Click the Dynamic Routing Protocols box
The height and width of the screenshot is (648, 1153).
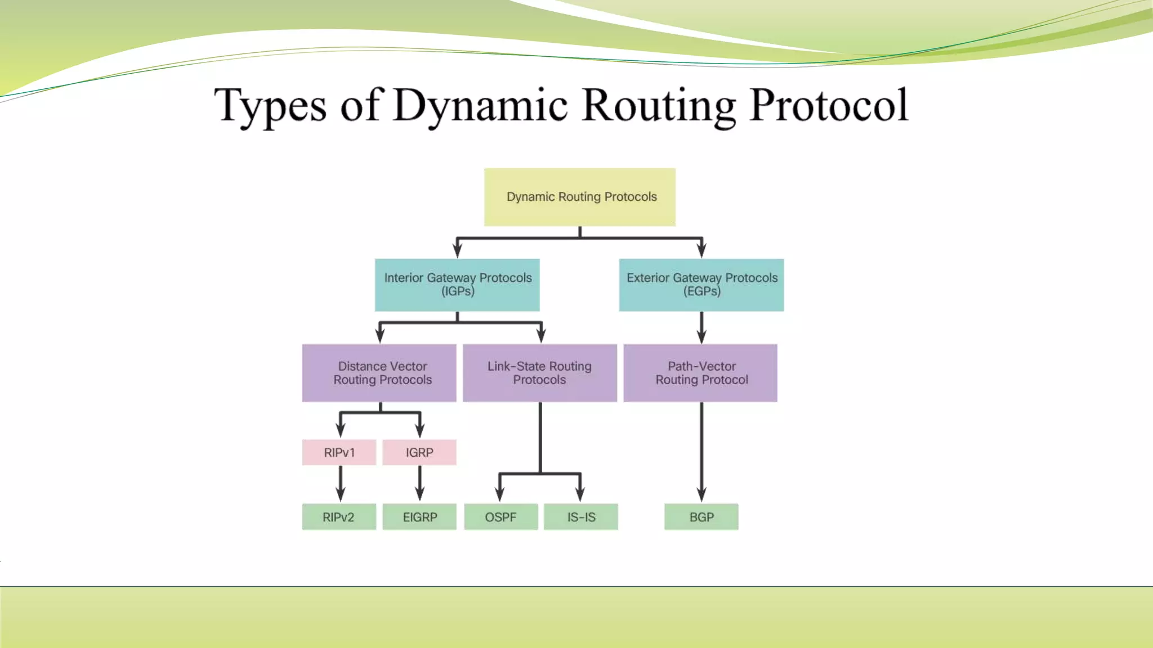click(580, 197)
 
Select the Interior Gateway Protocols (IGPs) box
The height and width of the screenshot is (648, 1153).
click(457, 285)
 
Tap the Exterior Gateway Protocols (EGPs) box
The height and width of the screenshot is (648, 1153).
click(701, 285)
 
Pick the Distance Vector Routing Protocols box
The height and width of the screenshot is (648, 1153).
click(379, 373)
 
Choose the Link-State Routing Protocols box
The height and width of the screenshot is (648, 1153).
click(540, 373)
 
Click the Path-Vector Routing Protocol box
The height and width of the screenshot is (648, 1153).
click(700, 373)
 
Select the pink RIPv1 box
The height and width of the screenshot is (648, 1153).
click(339, 452)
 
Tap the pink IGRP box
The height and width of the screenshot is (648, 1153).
click(419, 452)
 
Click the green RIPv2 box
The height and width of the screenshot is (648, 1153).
click(339, 517)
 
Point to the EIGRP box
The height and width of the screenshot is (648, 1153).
click(419, 517)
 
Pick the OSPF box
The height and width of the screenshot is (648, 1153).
click(501, 517)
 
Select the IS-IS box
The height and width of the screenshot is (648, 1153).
click(581, 517)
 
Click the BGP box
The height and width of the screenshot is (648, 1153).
click(701, 517)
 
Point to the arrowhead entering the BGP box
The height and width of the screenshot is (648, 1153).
click(701, 495)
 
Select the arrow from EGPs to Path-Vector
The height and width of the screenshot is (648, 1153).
click(701, 327)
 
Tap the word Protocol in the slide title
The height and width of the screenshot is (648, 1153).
click(829, 105)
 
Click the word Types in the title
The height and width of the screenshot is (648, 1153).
click(270, 105)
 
